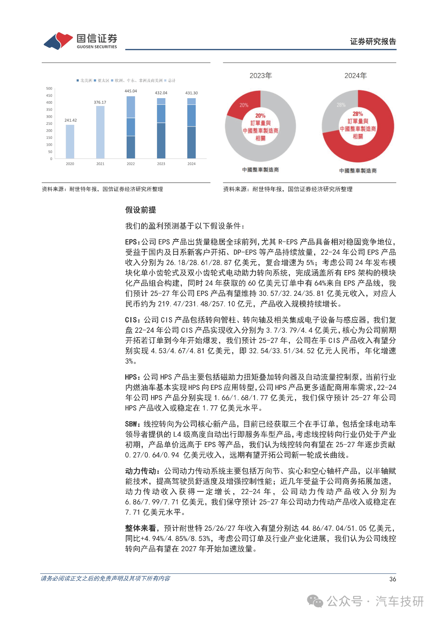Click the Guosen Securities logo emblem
tap(58, 41)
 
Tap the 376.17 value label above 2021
tap(100, 102)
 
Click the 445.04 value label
tap(131, 91)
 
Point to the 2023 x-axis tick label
tap(161, 164)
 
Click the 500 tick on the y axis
tap(49, 89)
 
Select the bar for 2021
tap(100, 132)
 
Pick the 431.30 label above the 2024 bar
tap(191, 93)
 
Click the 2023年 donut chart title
tap(260, 76)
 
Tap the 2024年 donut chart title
tap(356, 76)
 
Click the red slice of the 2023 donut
tap(243, 104)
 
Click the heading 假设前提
tap(140, 210)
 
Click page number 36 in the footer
tap(392, 579)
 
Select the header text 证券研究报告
tap(373, 42)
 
